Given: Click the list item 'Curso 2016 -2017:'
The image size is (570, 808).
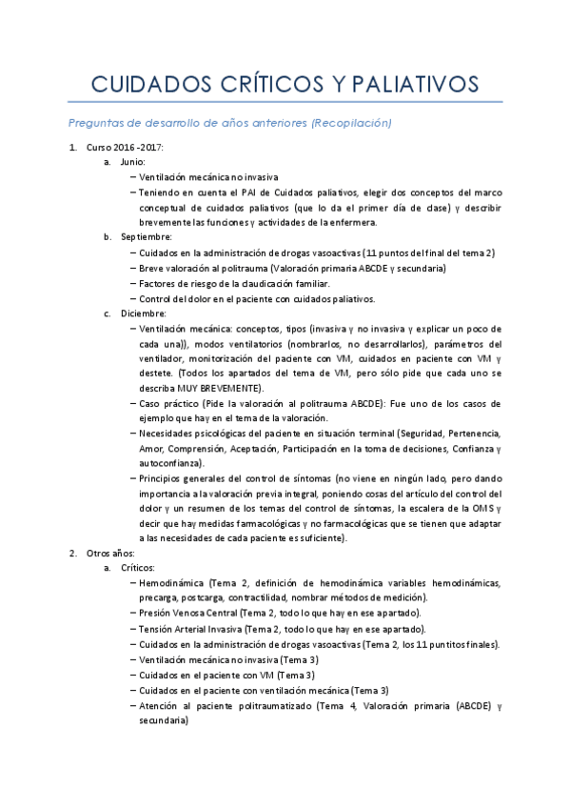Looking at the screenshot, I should (125, 148).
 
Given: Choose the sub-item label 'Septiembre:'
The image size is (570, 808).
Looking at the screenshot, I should (147, 236).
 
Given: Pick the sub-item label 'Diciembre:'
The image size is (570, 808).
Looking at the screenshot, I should (144, 313).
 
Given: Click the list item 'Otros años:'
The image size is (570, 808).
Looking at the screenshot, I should (112, 553).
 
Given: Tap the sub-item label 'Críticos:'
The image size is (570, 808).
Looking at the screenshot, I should (144, 568).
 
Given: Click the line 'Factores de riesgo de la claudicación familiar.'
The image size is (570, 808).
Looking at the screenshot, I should (234, 283).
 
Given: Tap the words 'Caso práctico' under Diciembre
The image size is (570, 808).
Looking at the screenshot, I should (167, 404).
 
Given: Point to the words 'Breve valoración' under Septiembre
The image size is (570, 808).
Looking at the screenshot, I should (174, 269).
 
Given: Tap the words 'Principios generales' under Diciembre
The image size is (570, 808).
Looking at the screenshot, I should (183, 478).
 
